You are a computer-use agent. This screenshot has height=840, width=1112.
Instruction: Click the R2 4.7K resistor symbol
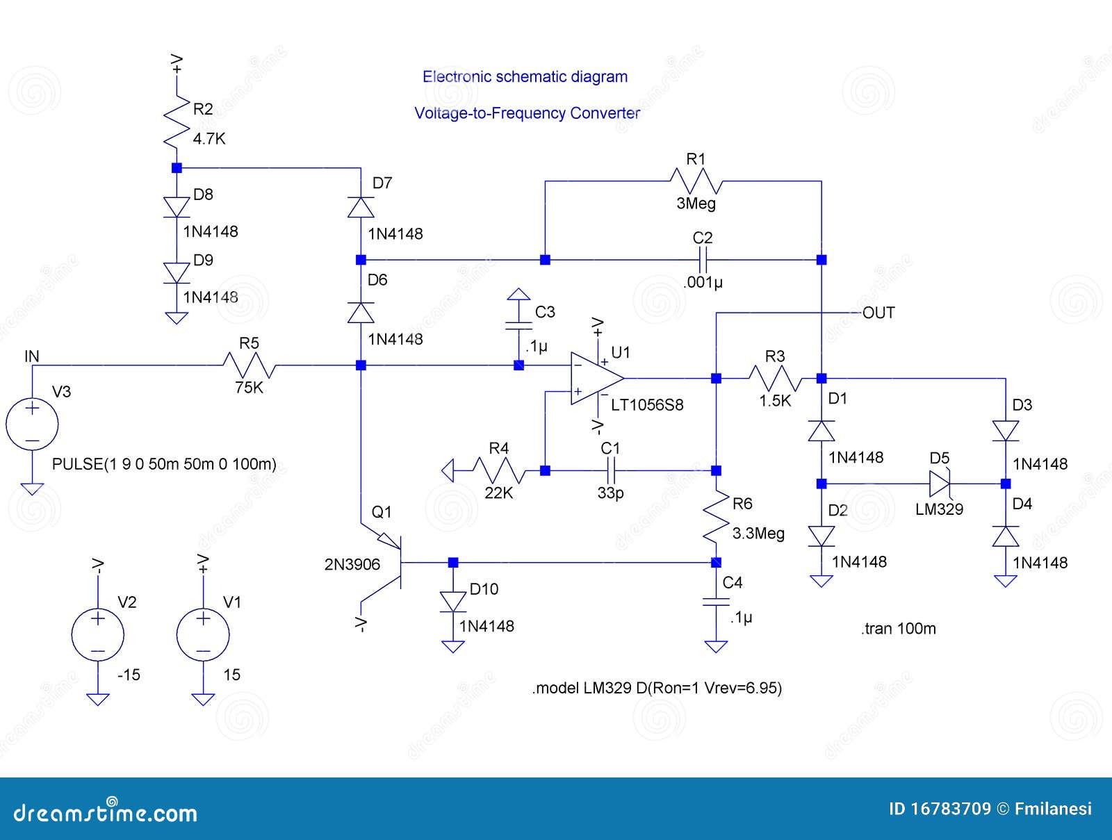coord(177,122)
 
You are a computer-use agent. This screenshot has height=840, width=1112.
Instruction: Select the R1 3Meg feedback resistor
coord(696,181)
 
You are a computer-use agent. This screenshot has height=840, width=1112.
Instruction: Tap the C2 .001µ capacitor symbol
coord(703,260)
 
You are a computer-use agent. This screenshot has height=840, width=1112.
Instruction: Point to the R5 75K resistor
coord(250,365)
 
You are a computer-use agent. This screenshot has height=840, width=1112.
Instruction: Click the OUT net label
coord(878,313)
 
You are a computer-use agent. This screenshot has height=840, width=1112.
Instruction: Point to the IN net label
coord(32,356)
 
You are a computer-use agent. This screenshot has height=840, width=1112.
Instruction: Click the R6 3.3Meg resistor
coord(717,518)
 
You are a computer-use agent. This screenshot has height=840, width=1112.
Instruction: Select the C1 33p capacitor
coord(610,471)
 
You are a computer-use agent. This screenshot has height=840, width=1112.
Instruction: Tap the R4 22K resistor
coord(498,471)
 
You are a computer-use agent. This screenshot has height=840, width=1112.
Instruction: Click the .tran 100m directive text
coord(898,629)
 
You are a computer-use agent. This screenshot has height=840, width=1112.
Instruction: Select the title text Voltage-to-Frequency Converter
coord(527,113)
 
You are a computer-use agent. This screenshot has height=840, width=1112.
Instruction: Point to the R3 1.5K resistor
coord(776,379)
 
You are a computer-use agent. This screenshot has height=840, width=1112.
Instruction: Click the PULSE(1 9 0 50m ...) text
coord(164,464)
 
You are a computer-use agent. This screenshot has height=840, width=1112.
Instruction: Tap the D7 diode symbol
coord(361,207)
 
